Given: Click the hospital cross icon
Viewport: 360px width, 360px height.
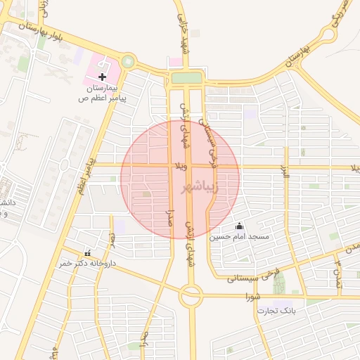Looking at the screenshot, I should pyautogui.click(x=103, y=76).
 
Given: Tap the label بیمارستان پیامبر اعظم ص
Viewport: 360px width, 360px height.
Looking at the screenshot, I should pyautogui.click(x=103, y=94).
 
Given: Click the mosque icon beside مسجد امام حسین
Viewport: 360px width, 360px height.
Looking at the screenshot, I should pyautogui.click(x=239, y=226).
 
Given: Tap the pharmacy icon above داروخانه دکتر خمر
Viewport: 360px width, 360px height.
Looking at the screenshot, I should pyautogui.click(x=87, y=252).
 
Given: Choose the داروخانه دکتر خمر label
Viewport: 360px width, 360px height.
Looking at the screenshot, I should pyautogui.click(x=86, y=262).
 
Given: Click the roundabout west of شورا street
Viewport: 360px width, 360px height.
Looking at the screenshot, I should pyautogui.click(x=191, y=296).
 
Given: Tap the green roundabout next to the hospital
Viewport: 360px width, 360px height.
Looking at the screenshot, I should pyautogui.click(x=127, y=62).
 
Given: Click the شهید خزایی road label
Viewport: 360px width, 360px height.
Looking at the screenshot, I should pyautogui.click(x=184, y=28).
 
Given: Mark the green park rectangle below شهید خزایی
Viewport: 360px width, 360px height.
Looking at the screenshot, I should pyautogui.click(x=186, y=77).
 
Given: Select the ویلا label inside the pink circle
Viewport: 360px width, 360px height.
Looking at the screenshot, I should pyautogui.click(x=180, y=167).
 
